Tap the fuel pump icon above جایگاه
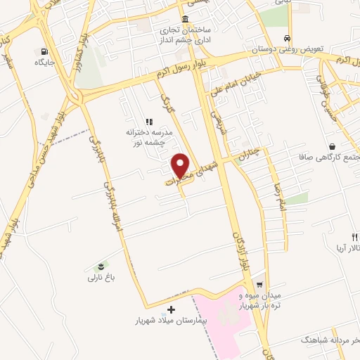[x=46, y=51]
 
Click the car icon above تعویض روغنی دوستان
[x=287, y=38]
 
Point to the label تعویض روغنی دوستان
[x=287, y=51]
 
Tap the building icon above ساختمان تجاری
[x=185, y=18]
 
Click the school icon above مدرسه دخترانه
[x=148, y=122]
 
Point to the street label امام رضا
[x=276, y=186]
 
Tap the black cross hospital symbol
[x=172, y=309]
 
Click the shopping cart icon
[x=259, y=285]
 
